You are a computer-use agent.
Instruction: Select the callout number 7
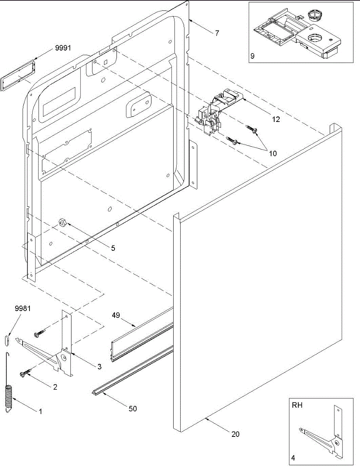click(217, 33)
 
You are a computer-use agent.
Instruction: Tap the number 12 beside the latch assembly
click(276, 119)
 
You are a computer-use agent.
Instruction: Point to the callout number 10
click(273, 153)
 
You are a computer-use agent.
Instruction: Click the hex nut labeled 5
click(62, 223)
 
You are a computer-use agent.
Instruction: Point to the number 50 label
click(132, 409)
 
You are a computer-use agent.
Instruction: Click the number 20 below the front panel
click(235, 434)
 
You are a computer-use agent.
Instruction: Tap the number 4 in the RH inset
click(293, 458)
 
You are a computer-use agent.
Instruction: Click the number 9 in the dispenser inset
click(252, 56)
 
